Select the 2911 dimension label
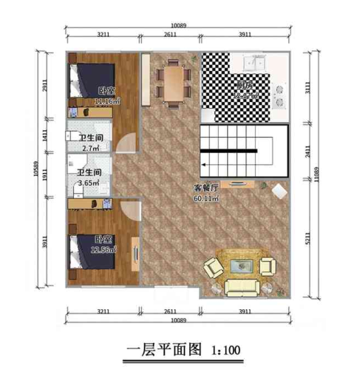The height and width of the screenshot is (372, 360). pos(45,86)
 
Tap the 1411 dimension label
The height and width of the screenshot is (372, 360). pos(45,135)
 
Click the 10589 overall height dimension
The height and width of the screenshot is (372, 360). pos(34,172)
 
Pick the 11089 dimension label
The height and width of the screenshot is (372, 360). pos(316,175)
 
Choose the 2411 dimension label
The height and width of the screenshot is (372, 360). pos(305,152)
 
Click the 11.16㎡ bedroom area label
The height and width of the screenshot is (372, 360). pos(108,101)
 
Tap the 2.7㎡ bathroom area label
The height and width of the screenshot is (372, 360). pos(89,148)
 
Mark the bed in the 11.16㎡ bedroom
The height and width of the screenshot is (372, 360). pos(88,80)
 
